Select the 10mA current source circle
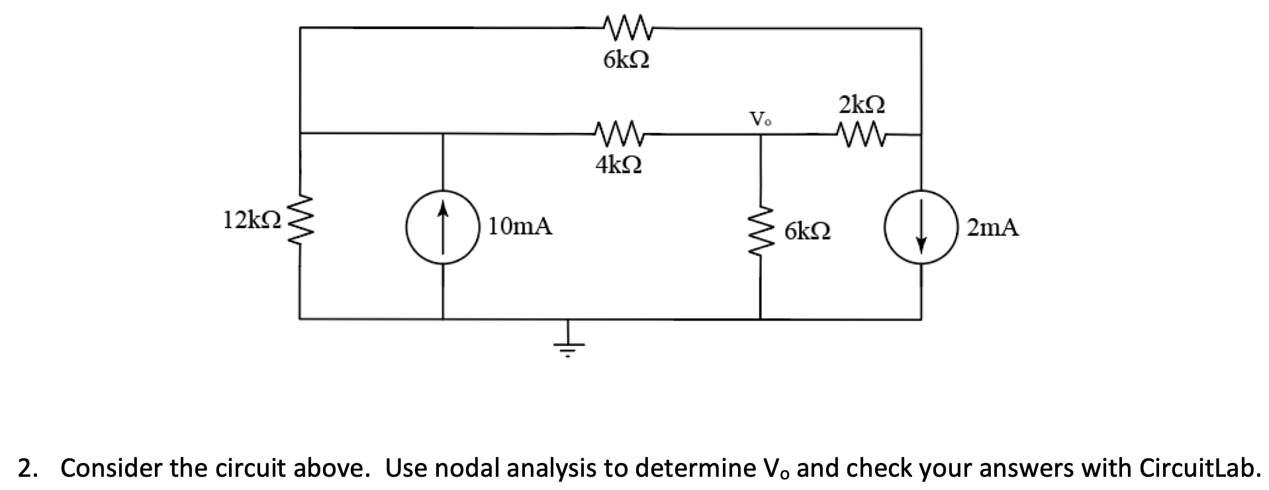click(x=443, y=227)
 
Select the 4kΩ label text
click(x=618, y=165)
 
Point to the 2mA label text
click(x=993, y=228)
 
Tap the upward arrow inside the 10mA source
click(x=443, y=218)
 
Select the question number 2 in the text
click(x=24, y=468)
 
